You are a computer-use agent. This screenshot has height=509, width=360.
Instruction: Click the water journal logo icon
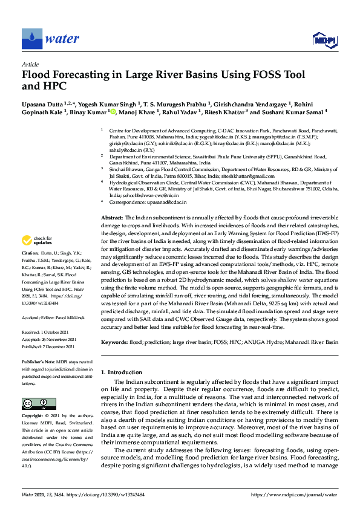[31, 39]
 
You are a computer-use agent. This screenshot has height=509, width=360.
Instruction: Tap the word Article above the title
[30, 64]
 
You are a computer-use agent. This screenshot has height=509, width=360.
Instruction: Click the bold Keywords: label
[114, 342]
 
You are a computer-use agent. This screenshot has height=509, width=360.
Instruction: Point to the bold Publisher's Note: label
[39, 360]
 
